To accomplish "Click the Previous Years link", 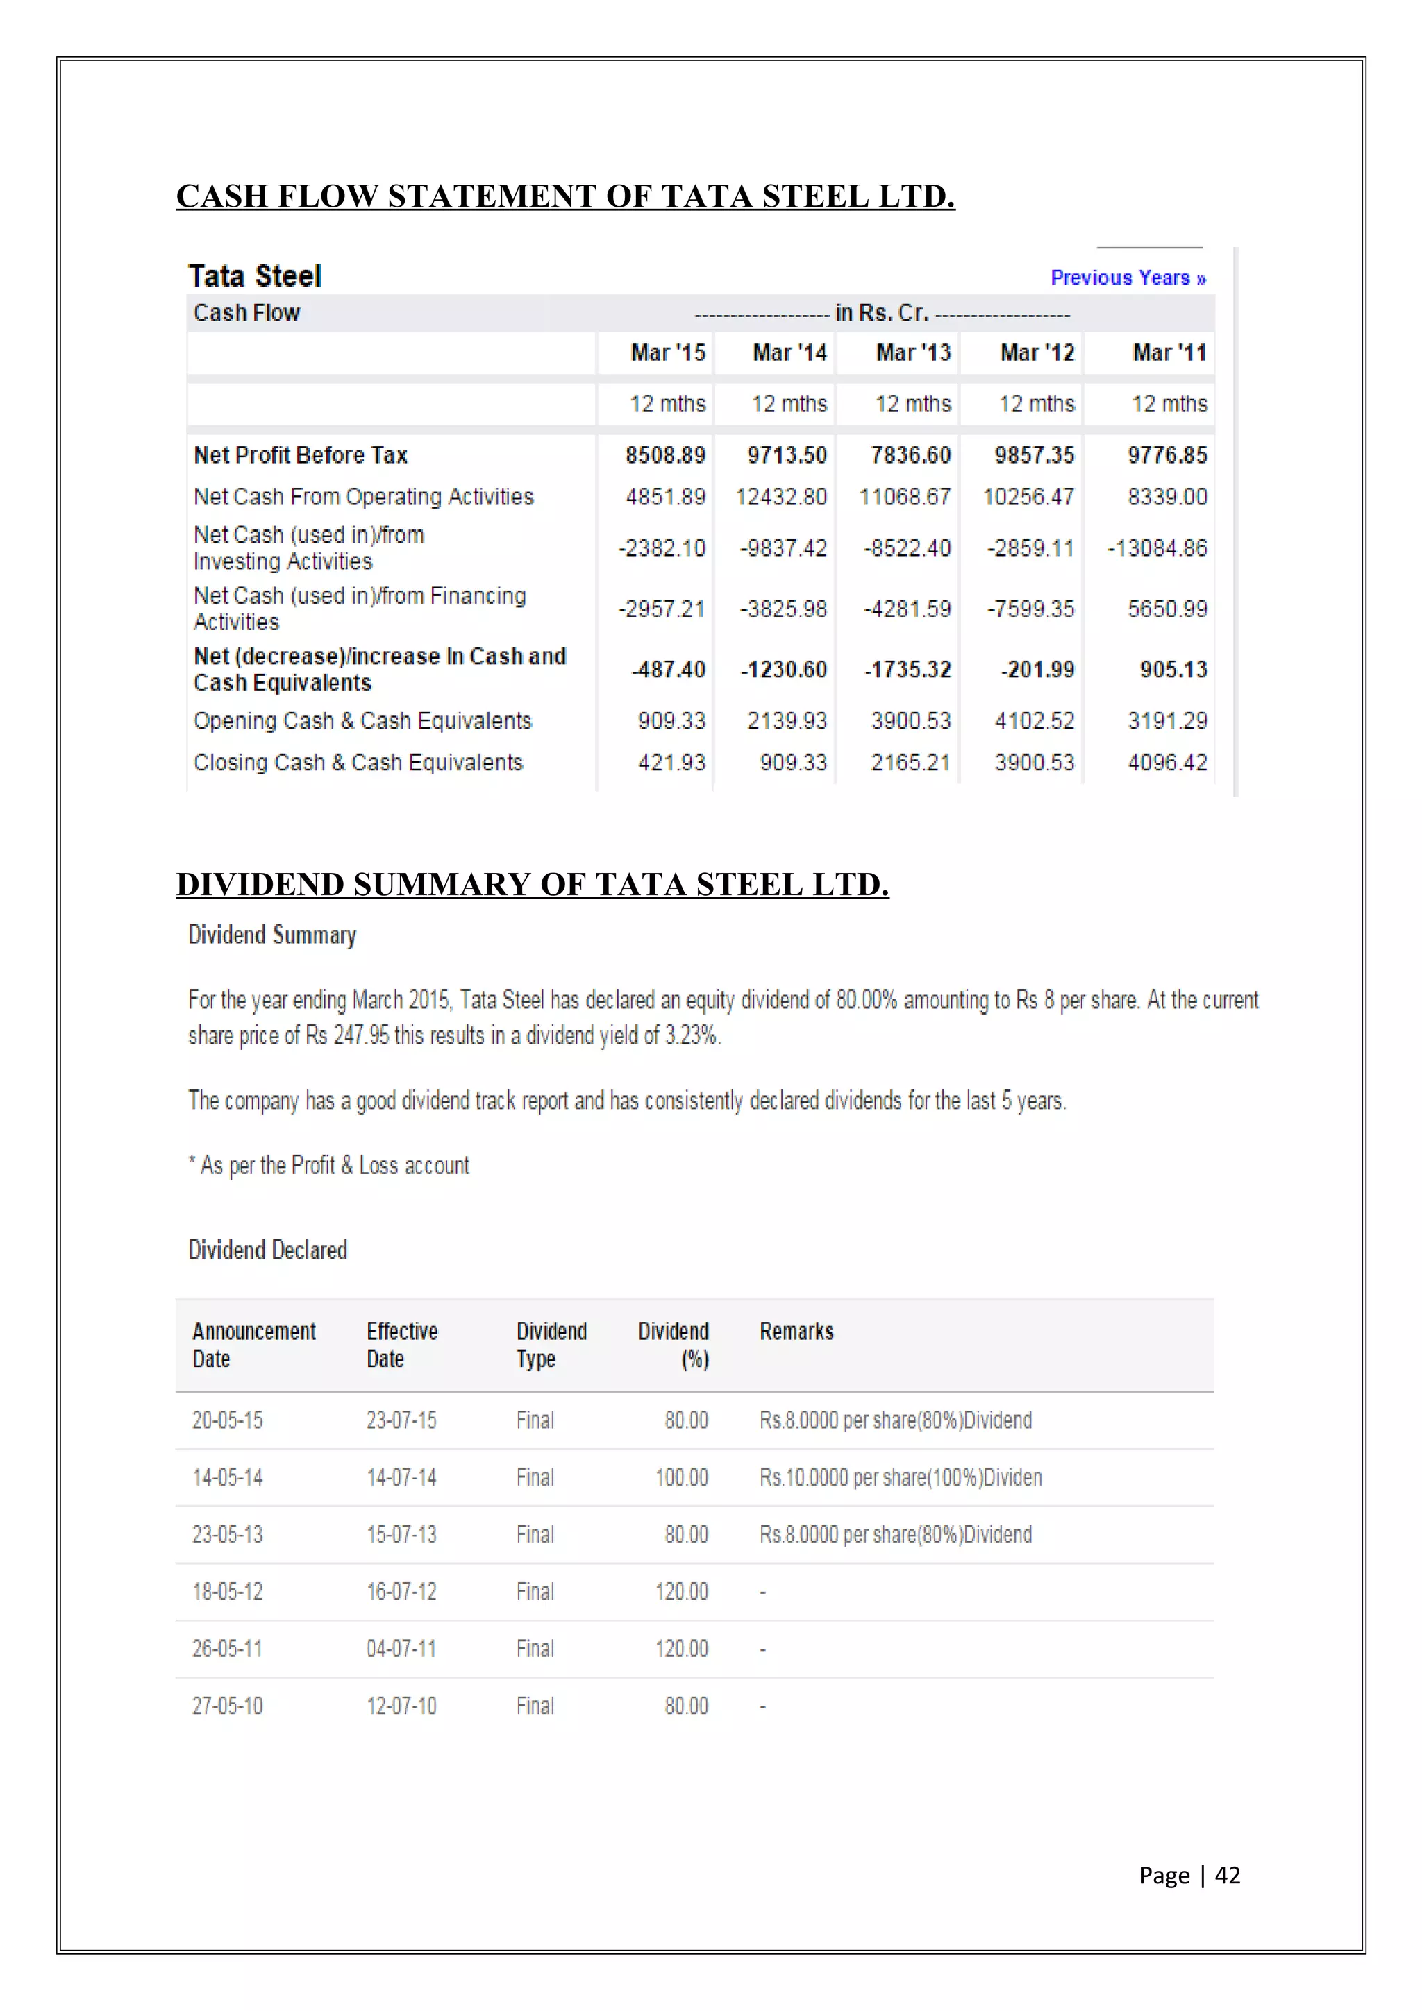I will [1128, 278].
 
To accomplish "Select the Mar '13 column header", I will [913, 353].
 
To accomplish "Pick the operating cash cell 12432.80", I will [780, 498].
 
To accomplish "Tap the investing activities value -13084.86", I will [1157, 548].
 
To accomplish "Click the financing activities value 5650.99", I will [1166, 609].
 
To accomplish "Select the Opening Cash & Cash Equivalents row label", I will [362, 721].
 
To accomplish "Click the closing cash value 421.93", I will [671, 763].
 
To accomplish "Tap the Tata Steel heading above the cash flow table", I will [255, 277].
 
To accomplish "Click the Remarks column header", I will [796, 1332].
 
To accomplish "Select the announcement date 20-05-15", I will [227, 1420].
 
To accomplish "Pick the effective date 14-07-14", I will [401, 1477].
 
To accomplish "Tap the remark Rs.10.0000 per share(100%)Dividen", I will [900, 1477].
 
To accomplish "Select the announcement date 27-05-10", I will [227, 1706].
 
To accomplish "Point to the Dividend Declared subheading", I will [267, 1250].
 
